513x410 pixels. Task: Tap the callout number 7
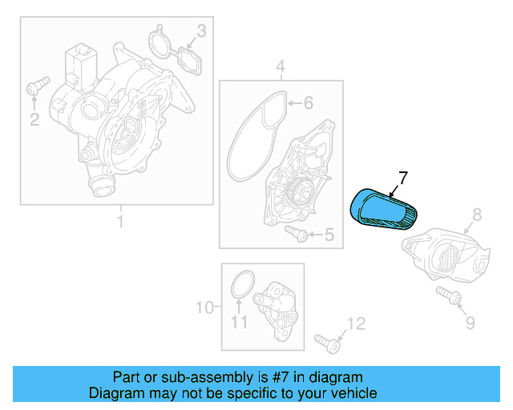(403, 177)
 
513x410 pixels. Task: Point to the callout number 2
(34, 120)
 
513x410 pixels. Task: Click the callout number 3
(201, 31)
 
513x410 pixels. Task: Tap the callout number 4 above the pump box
(281, 65)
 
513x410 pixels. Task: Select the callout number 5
(329, 235)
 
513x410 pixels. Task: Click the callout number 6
(308, 102)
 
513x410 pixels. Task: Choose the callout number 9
(470, 323)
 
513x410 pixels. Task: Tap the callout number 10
(204, 307)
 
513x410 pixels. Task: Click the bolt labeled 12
(328, 342)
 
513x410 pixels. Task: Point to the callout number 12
(355, 324)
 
